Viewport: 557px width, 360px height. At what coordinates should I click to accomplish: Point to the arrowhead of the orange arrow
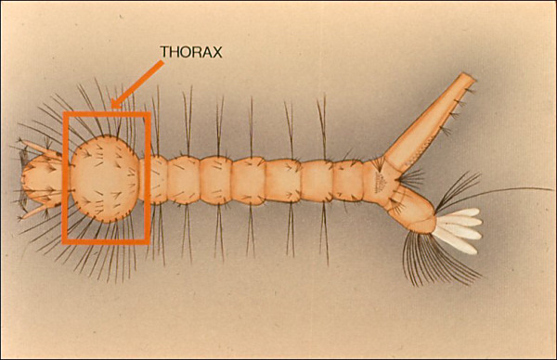click(x=113, y=107)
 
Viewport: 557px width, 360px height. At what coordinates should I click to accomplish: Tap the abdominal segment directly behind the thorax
click(x=159, y=178)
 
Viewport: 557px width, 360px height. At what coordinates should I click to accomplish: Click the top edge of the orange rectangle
click(x=106, y=114)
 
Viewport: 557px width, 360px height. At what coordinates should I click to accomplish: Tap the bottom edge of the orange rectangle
click(x=106, y=242)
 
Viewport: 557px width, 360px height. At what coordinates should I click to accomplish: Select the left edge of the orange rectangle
click(x=64, y=178)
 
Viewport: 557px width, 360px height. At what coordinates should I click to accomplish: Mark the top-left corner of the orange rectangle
click(x=64, y=114)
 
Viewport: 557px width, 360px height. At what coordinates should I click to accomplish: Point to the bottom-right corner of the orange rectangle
click(x=149, y=242)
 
